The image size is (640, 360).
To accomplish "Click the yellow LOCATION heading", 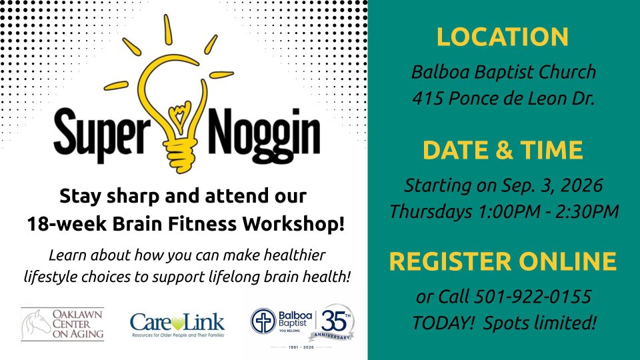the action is pyautogui.click(x=503, y=37).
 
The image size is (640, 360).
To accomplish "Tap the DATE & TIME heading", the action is pyautogui.click(x=503, y=150).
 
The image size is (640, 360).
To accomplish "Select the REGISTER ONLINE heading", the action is pyautogui.click(x=503, y=261).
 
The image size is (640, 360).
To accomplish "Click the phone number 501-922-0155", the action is pyautogui.click(x=533, y=297).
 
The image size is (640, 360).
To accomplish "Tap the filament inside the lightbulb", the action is pyautogui.click(x=180, y=116).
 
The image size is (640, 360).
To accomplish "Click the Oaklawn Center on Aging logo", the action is pyautogui.click(x=63, y=324).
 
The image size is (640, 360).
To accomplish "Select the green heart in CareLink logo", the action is pyautogui.click(x=178, y=324).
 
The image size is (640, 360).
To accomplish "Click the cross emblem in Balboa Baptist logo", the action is pyautogui.click(x=263, y=321).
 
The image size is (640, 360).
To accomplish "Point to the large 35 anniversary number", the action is pyautogui.click(x=333, y=321).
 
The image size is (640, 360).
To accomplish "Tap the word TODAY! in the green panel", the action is pyautogui.click(x=443, y=323).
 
